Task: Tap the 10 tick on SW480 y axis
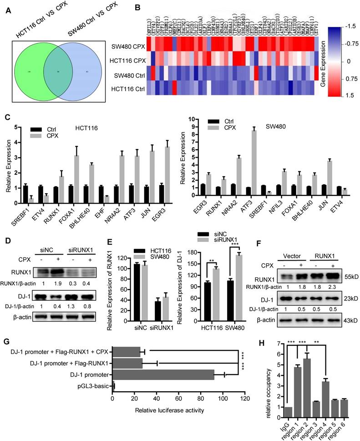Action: coord(195,119)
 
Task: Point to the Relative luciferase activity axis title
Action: coord(169,410)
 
